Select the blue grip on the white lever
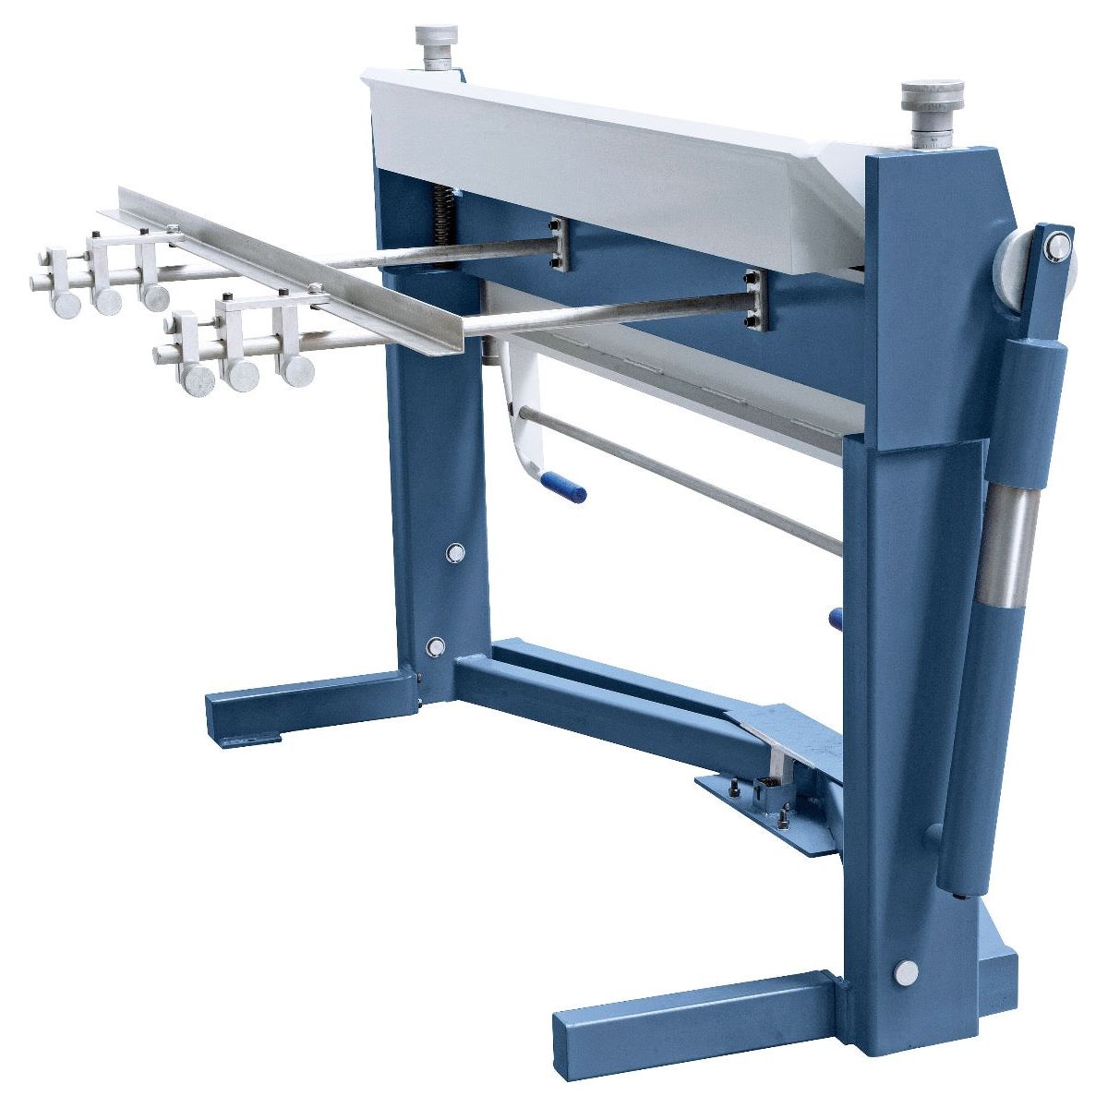[563, 486]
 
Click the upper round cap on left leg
[454, 552]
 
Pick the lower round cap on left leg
[437, 646]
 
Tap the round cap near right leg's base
[907, 971]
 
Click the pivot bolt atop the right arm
[1058, 246]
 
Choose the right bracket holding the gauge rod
[753, 300]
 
